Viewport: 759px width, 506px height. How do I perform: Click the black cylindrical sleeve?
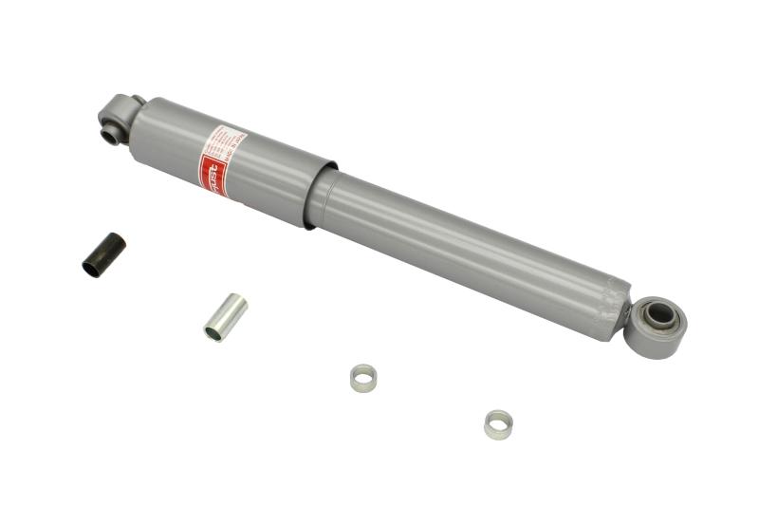[x=104, y=254]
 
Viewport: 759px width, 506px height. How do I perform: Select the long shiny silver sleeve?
[x=226, y=317]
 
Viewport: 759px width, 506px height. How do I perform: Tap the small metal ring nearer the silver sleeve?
[x=363, y=378]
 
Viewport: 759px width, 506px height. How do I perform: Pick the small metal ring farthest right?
[x=498, y=423]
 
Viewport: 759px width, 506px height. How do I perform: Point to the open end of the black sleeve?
[x=92, y=268]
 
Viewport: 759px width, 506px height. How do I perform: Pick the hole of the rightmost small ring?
[x=498, y=420]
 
